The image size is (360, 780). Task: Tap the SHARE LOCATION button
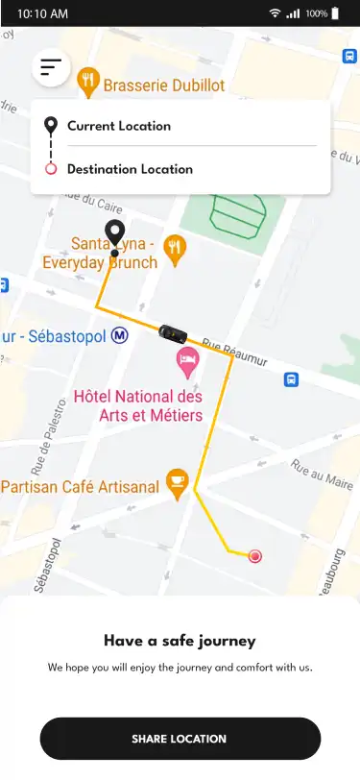(x=180, y=739)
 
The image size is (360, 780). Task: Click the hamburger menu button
(x=51, y=67)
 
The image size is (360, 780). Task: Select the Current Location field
(x=119, y=126)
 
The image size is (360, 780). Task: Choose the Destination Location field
(x=130, y=169)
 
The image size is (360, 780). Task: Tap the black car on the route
(x=172, y=333)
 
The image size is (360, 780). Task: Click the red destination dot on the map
(x=255, y=555)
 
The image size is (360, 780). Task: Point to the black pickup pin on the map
(x=115, y=233)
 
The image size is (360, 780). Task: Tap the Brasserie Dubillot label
(x=165, y=85)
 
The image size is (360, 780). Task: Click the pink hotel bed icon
(x=187, y=361)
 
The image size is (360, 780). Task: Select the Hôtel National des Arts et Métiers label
(x=138, y=405)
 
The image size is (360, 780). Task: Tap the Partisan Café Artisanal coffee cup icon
(x=177, y=482)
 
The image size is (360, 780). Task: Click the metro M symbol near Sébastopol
(x=120, y=335)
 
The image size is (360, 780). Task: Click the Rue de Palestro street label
(x=45, y=447)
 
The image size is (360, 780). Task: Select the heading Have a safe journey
(x=180, y=641)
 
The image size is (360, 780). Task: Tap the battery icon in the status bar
(x=335, y=13)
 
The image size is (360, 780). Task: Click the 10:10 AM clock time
(x=43, y=14)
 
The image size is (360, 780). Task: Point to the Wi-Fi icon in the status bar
(x=275, y=13)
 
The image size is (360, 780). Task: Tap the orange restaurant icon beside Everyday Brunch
(x=174, y=249)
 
